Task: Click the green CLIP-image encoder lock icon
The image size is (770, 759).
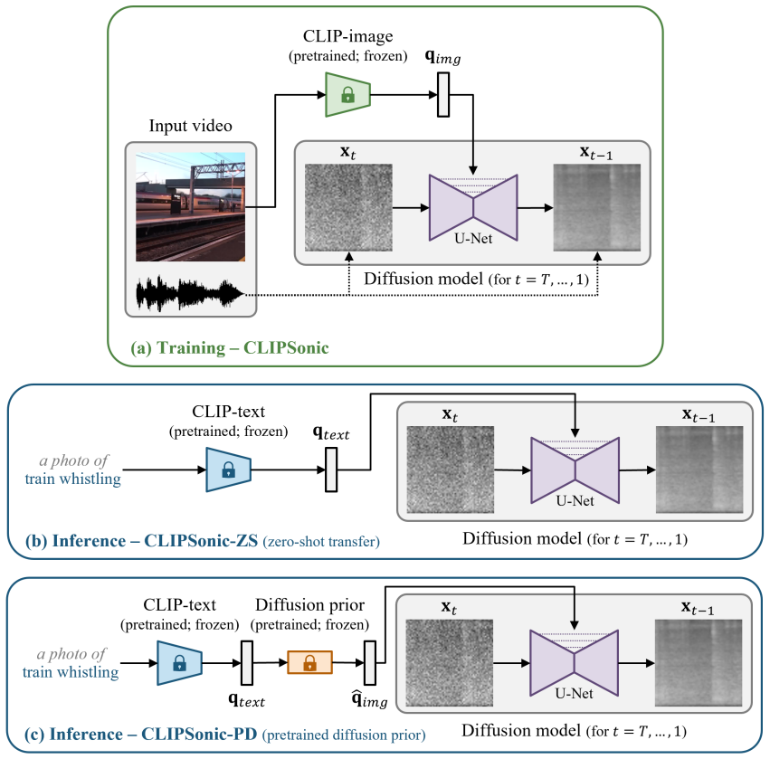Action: (x=347, y=94)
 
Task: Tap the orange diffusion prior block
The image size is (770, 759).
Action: (x=309, y=662)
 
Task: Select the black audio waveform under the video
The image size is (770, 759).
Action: (x=189, y=294)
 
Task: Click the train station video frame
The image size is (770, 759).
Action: (x=191, y=206)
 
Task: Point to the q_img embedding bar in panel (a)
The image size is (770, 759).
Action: (x=443, y=95)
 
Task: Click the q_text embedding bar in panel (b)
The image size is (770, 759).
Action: (x=331, y=470)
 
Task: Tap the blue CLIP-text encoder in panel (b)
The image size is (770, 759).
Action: (x=228, y=470)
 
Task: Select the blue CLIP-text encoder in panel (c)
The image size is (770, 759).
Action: (x=179, y=663)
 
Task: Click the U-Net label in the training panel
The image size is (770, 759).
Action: (x=473, y=239)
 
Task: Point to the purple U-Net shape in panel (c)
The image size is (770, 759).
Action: (x=574, y=663)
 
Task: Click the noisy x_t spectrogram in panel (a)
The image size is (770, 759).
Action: (x=348, y=208)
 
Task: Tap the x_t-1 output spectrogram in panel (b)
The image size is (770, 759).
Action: (x=699, y=470)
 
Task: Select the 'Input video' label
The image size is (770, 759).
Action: (x=191, y=126)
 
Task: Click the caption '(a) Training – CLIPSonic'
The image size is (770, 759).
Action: (x=229, y=347)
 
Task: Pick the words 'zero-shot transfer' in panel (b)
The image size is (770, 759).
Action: (x=321, y=542)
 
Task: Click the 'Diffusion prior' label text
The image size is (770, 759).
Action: (x=309, y=605)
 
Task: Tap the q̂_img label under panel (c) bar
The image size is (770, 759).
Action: (x=369, y=699)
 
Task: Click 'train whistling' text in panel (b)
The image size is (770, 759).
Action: (x=72, y=479)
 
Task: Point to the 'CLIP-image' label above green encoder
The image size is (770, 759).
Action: (x=347, y=36)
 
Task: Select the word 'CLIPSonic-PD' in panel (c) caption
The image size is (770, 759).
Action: (x=199, y=734)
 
